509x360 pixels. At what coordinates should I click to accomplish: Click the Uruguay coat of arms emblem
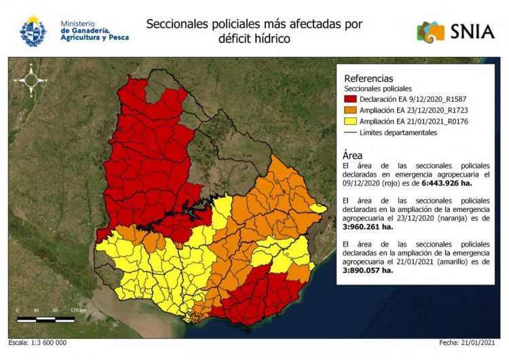(x=33, y=31)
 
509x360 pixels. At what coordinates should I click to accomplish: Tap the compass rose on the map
(x=31, y=79)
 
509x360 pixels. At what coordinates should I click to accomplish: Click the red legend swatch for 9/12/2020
(x=352, y=99)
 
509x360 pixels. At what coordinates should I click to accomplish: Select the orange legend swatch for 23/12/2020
(x=352, y=110)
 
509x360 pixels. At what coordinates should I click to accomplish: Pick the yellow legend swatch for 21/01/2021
(x=352, y=122)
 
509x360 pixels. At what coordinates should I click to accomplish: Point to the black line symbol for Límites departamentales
(x=352, y=132)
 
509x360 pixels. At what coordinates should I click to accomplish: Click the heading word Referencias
(x=369, y=78)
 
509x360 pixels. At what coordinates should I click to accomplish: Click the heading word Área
(x=354, y=155)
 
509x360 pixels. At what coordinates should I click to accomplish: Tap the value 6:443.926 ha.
(x=447, y=183)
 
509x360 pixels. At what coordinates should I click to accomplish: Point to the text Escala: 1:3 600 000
(x=38, y=343)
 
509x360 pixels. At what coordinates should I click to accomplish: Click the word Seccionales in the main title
(x=176, y=24)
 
